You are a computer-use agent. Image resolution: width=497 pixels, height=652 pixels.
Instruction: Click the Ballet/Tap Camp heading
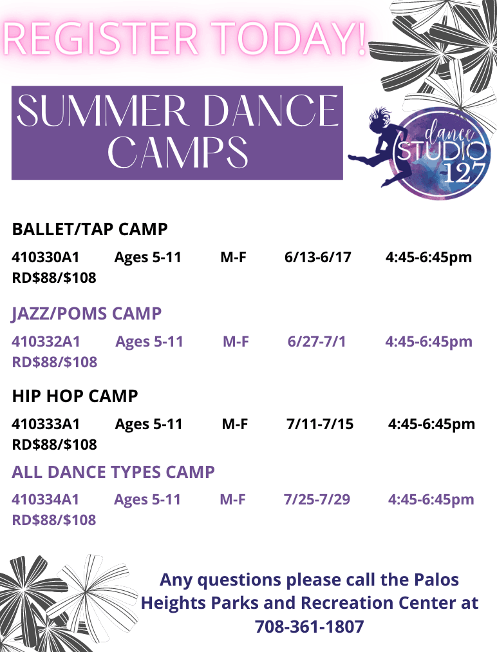(x=89, y=229)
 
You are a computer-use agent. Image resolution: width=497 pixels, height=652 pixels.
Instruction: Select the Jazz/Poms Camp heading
(x=87, y=314)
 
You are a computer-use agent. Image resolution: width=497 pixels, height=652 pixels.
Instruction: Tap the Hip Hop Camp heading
(x=75, y=396)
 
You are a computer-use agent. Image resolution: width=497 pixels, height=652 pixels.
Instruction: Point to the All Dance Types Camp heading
(x=113, y=472)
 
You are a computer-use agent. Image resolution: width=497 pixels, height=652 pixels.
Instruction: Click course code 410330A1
(x=45, y=258)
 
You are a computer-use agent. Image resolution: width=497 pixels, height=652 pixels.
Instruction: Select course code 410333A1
(x=46, y=424)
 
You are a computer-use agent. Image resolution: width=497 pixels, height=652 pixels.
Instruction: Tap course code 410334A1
(x=45, y=499)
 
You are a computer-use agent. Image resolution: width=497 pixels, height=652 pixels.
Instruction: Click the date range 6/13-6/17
(x=317, y=258)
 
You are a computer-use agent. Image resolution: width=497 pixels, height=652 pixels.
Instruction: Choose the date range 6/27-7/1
(x=316, y=341)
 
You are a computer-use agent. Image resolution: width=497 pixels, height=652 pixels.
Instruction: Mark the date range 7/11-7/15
(x=319, y=424)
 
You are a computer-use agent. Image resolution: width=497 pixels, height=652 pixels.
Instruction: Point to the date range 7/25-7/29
(x=317, y=499)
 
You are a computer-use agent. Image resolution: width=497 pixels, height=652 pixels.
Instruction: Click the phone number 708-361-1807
(x=309, y=626)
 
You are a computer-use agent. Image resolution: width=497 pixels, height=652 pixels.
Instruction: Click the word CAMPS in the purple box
(x=178, y=152)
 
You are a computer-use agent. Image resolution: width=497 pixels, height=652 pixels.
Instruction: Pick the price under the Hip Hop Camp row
(x=54, y=445)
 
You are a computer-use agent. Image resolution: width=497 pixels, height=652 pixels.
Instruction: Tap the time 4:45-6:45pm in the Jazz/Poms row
(x=429, y=341)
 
